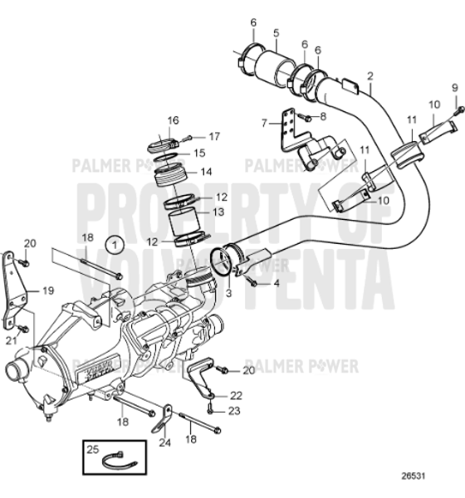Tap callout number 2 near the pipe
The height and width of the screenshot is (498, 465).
coord(370,76)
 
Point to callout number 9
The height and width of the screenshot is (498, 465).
coord(454,87)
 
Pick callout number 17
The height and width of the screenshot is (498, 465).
coord(213,135)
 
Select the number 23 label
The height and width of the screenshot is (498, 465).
coord(236,410)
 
